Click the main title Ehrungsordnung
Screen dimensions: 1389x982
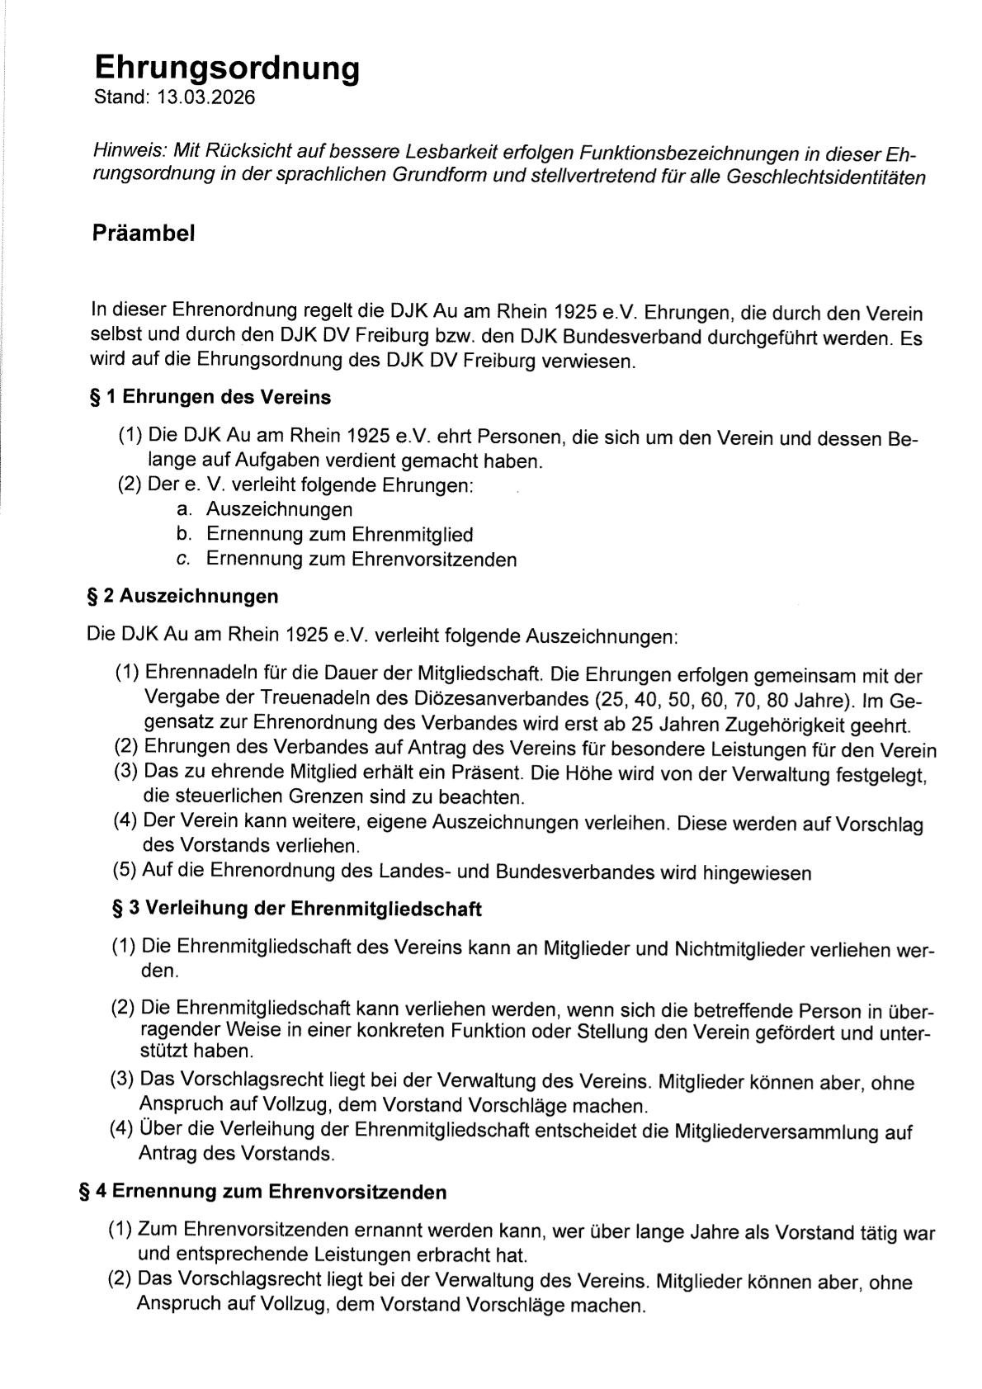[227, 68]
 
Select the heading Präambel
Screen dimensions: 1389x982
[144, 234]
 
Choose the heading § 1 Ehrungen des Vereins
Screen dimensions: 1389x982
[210, 398]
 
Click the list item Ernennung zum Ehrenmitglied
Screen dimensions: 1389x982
[339, 535]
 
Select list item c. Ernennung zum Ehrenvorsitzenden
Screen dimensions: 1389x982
[361, 560]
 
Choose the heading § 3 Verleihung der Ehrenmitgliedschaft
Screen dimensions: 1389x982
[296, 909]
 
